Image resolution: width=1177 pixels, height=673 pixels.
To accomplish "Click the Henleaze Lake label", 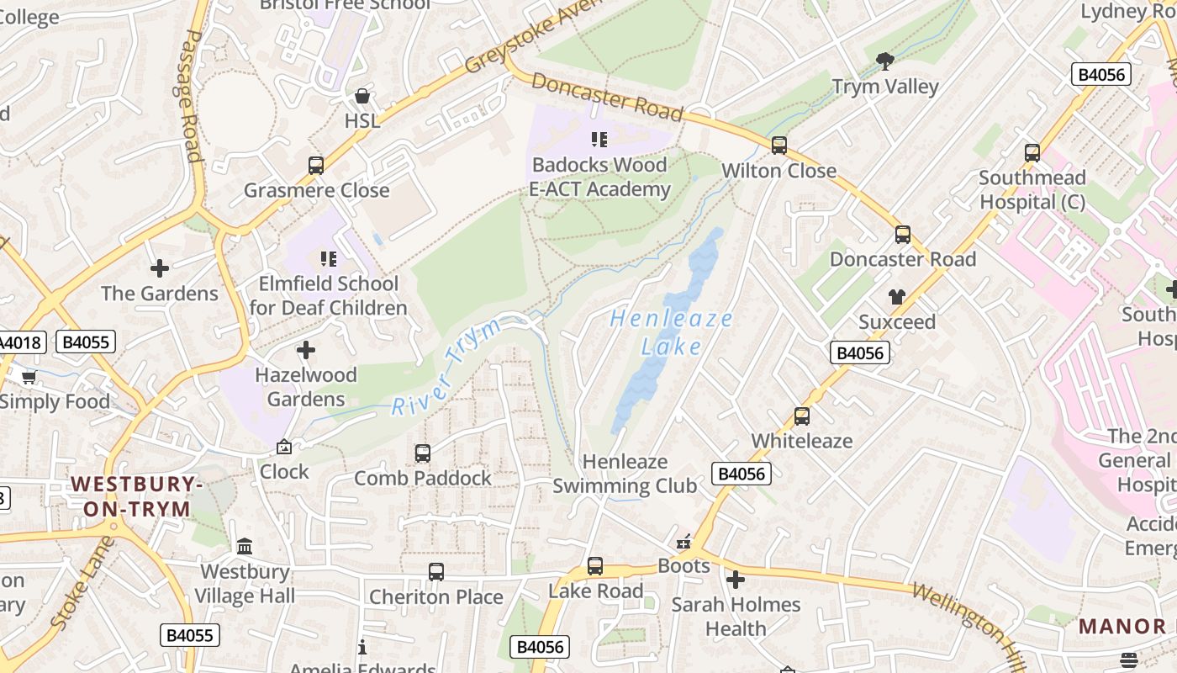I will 671,332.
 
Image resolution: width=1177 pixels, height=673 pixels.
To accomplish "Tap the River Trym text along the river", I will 446,368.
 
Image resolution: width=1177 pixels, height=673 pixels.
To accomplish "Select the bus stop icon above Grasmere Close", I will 316,166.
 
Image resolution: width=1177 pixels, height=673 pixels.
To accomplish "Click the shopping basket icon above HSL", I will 362,96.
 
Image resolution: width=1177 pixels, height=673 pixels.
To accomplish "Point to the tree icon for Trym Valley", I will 884,61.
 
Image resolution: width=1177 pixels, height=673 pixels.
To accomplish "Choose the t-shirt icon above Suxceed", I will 897,297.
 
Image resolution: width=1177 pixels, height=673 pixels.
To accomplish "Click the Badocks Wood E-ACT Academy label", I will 599,177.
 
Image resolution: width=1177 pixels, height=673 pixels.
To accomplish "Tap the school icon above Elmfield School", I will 328,259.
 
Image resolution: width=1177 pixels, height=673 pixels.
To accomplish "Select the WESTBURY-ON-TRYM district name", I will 137,496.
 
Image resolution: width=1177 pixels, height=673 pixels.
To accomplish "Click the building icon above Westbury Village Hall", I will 245,547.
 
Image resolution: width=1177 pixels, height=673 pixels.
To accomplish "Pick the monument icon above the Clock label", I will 284,447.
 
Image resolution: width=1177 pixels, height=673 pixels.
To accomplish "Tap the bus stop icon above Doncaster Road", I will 903,235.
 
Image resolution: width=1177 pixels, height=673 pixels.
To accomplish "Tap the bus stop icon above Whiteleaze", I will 802,416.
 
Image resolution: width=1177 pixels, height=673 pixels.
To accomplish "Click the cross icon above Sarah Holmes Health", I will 736,580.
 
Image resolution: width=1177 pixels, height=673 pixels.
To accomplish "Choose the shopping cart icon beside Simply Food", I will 29,377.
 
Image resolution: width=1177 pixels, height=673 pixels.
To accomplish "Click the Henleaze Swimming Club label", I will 625,474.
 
